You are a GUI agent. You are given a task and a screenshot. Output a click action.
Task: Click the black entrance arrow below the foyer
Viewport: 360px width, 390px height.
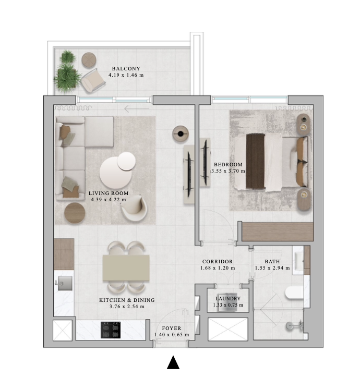[x=173, y=362]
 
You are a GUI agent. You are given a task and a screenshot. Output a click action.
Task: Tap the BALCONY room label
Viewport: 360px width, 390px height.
[x=126, y=68]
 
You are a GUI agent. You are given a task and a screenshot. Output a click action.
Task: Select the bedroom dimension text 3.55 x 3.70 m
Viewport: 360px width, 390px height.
[x=228, y=171]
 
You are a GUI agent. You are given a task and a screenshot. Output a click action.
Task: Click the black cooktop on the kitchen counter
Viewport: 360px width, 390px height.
[x=111, y=330]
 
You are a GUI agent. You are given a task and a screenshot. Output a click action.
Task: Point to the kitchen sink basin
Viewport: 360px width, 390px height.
[x=65, y=284]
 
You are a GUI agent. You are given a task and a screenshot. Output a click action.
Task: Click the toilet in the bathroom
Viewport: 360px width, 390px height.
[x=294, y=292]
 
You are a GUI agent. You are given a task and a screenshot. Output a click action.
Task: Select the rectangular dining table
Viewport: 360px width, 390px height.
[x=126, y=268]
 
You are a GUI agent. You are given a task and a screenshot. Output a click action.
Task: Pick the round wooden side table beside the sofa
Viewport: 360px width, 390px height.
[x=75, y=213]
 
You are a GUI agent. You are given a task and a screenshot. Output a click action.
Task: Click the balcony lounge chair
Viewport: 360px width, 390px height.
[x=93, y=80]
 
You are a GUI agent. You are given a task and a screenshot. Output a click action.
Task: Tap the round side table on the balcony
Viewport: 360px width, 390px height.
[x=89, y=60]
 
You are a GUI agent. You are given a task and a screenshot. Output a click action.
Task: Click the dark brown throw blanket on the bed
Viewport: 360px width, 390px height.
[x=255, y=162]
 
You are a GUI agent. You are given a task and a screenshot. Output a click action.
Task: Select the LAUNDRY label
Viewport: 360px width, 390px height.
[x=228, y=298]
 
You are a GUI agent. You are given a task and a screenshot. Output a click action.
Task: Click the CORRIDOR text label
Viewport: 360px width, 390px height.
[x=218, y=261]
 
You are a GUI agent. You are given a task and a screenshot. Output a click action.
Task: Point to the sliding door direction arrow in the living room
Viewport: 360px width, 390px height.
[x=136, y=108]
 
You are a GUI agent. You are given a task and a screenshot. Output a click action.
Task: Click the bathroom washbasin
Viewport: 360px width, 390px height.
[x=298, y=260]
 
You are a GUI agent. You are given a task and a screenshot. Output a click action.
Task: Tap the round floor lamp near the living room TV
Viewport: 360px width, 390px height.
[x=181, y=134]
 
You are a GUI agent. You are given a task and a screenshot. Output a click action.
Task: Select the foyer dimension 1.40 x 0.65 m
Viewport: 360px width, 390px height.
[x=172, y=335]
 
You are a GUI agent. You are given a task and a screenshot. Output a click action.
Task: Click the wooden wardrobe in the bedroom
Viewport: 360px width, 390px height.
[x=278, y=231]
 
